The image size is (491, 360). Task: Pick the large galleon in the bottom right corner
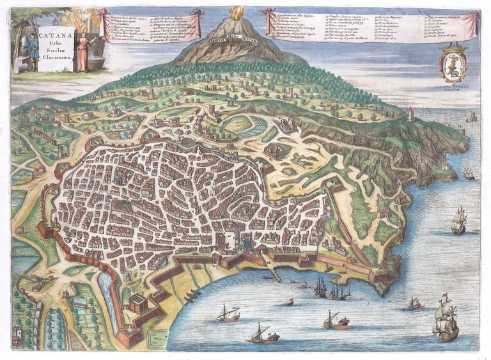[446, 320]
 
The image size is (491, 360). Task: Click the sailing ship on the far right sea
[458, 220]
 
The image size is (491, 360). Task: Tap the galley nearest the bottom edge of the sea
[262, 334]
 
